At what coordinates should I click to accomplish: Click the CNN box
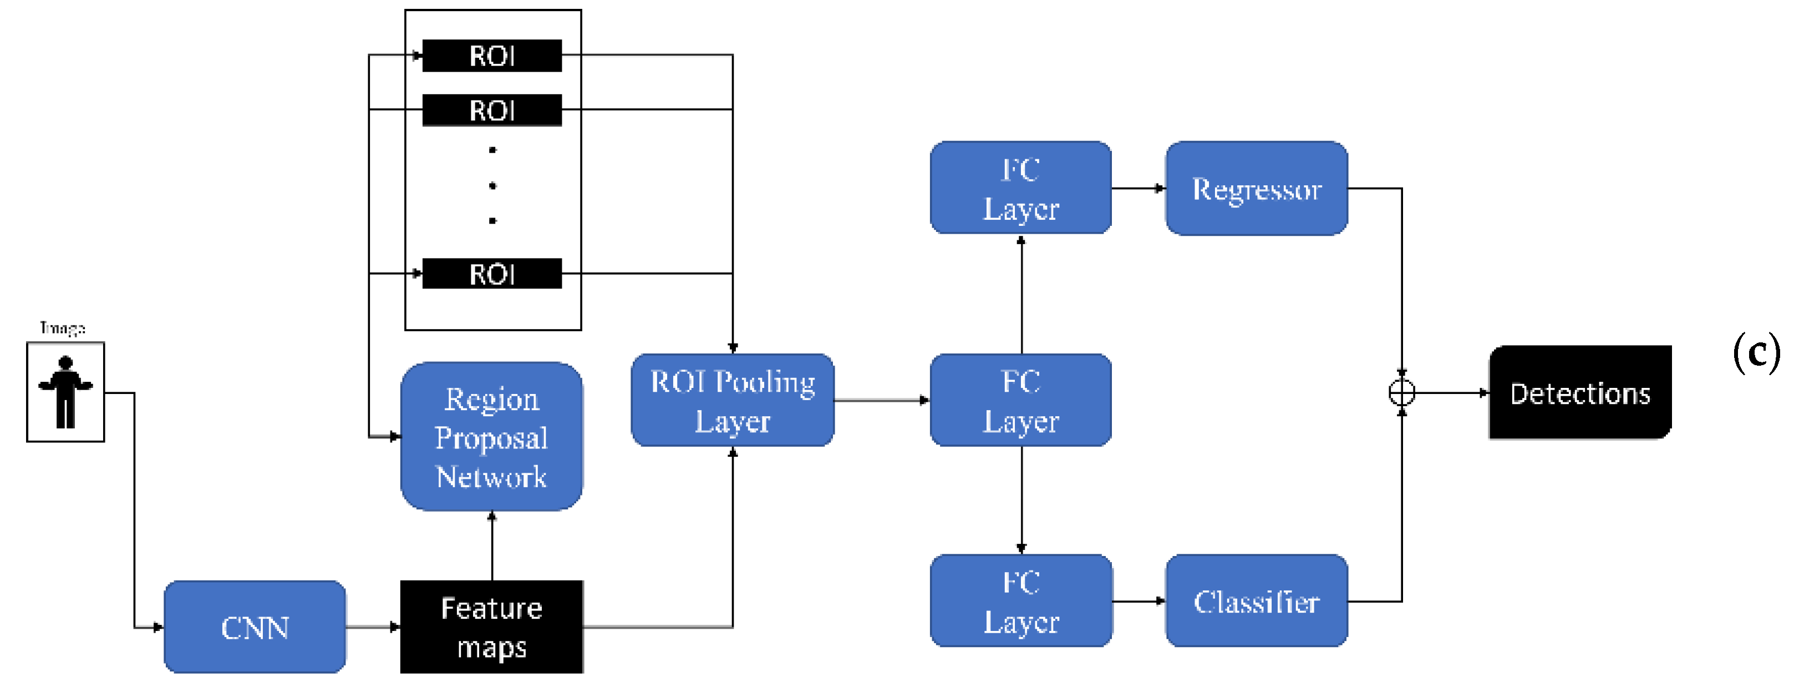coord(255,627)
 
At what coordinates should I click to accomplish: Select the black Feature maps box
coord(492,627)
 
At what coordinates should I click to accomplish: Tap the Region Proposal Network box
coord(492,437)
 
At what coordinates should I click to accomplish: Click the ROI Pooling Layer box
coord(733,401)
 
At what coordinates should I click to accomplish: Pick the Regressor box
coord(1257,189)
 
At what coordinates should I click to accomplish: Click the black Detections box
coord(1579,393)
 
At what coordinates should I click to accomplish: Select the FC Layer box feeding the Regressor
coord(1021,188)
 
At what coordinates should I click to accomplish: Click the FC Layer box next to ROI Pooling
coord(1021,401)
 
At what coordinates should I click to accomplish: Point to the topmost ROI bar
coord(492,55)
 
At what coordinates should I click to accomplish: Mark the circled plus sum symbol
coord(1401,393)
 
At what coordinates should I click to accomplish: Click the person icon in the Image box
coord(65,392)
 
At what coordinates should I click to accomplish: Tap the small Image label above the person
coord(63,327)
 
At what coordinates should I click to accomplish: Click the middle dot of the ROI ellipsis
coord(492,185)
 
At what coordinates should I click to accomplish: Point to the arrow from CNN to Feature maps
coord(373,627)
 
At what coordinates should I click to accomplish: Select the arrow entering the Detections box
coord(1452,393)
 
